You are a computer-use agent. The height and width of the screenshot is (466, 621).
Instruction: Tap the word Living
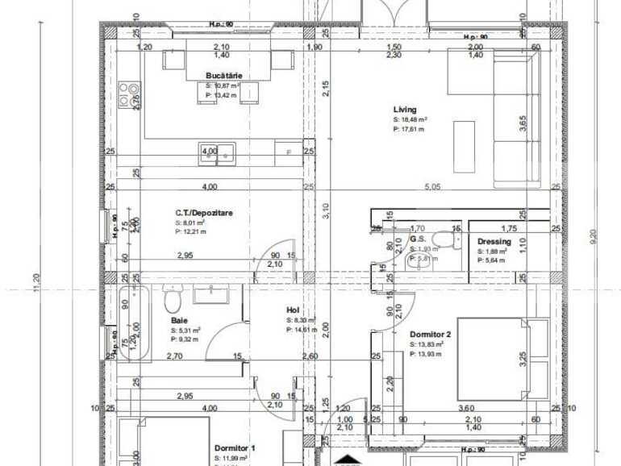[405, 110]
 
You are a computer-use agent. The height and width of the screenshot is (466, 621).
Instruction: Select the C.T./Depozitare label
[204, 214]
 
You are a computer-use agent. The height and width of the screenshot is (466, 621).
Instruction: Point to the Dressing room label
[494, 241]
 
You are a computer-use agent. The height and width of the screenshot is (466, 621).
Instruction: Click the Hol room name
[293, 310]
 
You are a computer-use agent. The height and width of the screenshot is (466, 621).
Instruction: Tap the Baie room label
[178, 321]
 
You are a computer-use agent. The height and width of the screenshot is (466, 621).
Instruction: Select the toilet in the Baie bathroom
[171, 302]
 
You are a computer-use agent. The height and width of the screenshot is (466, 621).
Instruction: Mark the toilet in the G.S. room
[442, 241]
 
